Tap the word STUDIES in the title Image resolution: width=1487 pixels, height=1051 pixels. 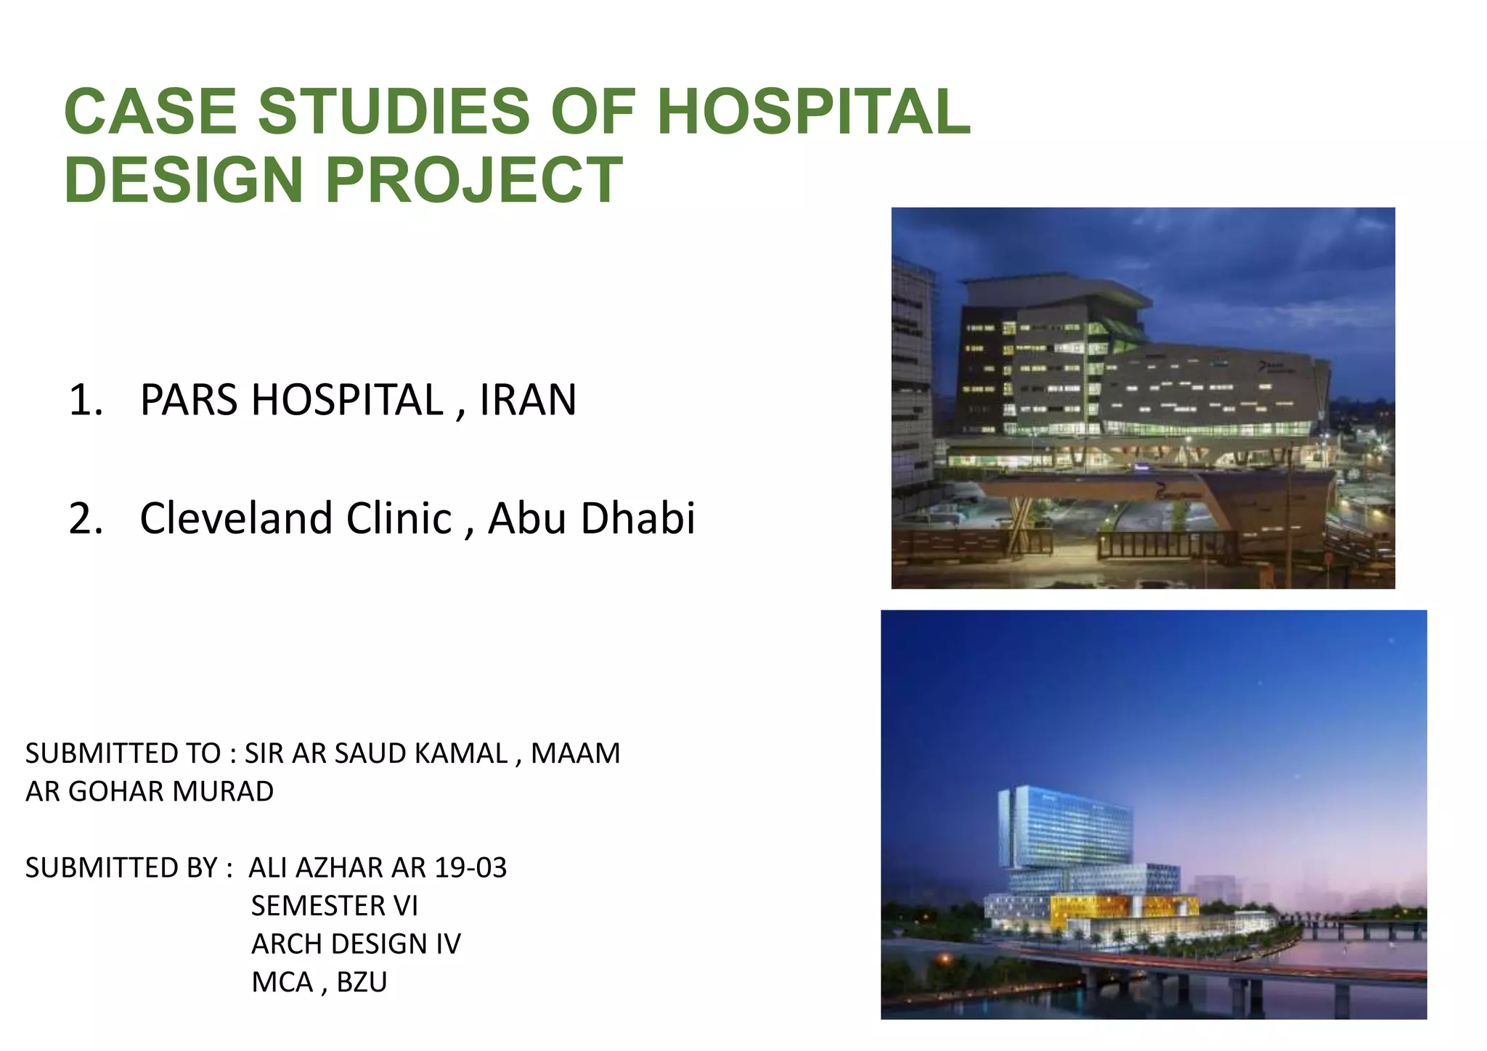tap(394, 111)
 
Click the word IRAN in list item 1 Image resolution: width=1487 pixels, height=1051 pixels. tap(528, 400)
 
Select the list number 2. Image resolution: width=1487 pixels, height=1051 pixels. tap(85, 519)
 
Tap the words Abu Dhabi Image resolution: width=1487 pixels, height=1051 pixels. tap(591, 518)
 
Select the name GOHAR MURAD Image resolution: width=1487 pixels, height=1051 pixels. tap(171, 791)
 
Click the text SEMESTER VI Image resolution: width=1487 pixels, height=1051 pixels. tap(335, 906)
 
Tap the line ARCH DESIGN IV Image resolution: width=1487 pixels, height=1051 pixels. tap(356, 944)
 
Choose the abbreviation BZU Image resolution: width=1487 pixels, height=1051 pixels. tap(362, 982)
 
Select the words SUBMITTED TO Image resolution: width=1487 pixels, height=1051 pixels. tap(123, 753)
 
